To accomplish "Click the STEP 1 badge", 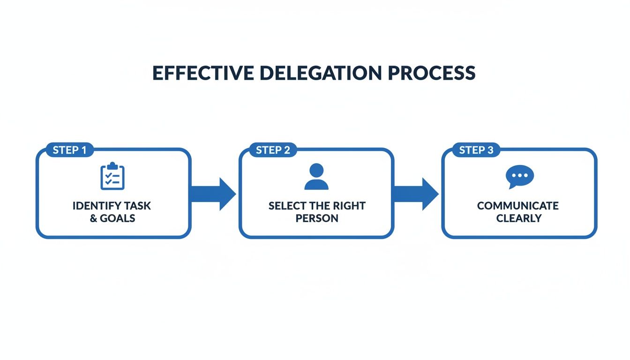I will tap(69, 150).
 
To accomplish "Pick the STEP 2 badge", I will tap(273, 150).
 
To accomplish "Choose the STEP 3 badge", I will tap(476, 150).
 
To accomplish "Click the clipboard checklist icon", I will tap(112, 176).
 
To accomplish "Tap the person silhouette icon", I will tap(316, 177).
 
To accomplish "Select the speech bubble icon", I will tap(519, 177).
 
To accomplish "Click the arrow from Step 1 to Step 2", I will tap(215, 194).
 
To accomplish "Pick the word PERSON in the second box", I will tap(316, 218).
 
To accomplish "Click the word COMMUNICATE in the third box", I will tap(518, 206).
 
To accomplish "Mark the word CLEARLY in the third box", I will tap(519, 218).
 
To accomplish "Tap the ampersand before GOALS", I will tap(94, 218).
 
